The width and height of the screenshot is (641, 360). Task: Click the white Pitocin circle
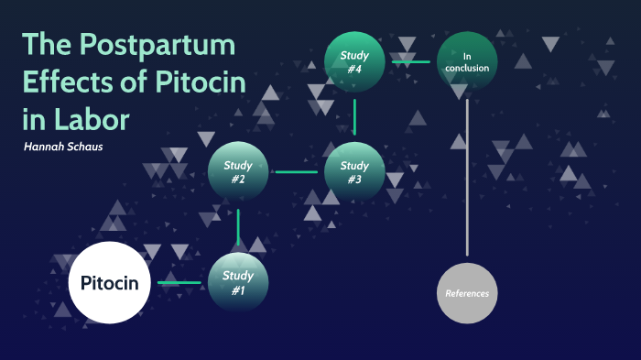click(109, 282)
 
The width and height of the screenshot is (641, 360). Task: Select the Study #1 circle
click(238, 282)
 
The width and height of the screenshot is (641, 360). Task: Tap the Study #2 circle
click(238, 172)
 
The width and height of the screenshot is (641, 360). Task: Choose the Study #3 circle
click(354, 172)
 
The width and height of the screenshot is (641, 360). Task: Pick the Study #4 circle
click(354, 61)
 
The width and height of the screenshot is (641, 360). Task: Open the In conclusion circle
click(467, 61)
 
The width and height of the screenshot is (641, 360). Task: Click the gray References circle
click(467, 293)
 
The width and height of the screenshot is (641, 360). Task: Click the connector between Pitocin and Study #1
click(179, 282)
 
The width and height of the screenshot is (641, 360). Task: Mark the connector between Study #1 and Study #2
click(238, 227)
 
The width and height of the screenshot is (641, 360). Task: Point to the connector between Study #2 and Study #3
click(296, 172)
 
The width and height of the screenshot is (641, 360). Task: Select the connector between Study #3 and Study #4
click(354, 117)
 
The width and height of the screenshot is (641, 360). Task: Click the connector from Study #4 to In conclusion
click(411, 61)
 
